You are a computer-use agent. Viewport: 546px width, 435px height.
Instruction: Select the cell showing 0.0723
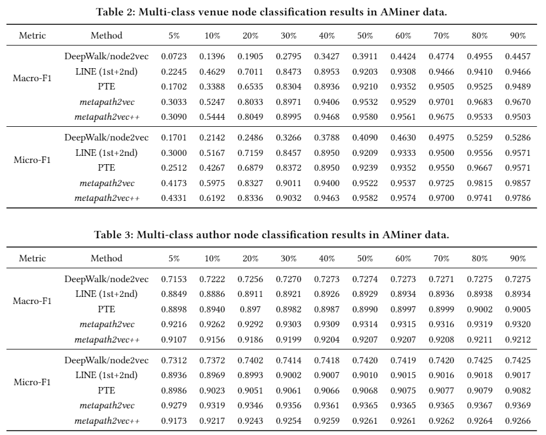pos(174,56)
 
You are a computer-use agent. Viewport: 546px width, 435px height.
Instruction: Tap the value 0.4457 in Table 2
pos(518,56)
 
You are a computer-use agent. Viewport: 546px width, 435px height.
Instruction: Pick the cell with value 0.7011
pos(250,72)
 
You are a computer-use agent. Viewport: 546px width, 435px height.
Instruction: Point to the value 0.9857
pos(518,183)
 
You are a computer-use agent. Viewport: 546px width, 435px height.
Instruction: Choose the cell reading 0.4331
pos(174,199)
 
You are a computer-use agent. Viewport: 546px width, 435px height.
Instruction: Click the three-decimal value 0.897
pos(250,309)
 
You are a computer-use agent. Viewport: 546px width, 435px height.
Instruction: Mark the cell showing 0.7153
pos(174,279)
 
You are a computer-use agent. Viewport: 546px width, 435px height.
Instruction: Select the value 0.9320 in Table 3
pos(518,325)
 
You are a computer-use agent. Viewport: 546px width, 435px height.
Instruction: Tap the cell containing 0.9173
pos(174,421)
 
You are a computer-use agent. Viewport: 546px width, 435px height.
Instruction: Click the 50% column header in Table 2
pos(365,36)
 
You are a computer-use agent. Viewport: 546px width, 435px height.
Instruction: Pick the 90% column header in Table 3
pos(518,258)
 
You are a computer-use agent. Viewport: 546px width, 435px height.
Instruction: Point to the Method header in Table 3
pos(107,258)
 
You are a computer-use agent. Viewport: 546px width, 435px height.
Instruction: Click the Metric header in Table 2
pos(33,36)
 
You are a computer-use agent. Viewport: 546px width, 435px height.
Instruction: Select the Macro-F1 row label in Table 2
pos(32,78)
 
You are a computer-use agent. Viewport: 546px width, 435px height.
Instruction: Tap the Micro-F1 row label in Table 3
pos(32,382)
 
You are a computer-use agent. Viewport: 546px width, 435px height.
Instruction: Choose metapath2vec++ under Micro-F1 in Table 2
pos(107,199)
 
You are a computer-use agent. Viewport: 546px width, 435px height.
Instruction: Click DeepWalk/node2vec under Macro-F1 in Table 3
pos(107,279)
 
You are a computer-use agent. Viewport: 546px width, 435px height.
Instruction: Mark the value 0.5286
pos(518,137)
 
